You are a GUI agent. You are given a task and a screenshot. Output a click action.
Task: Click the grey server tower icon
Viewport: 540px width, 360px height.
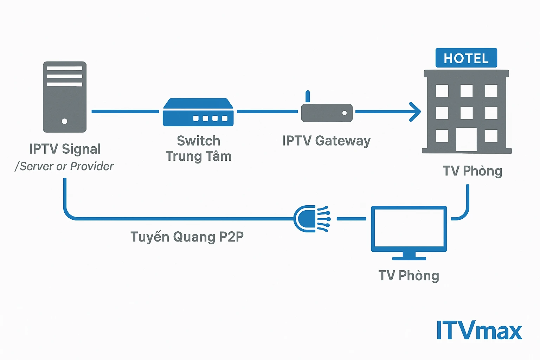pos(65,97)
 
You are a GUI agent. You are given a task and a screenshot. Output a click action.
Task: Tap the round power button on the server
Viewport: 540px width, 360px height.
pos(64,121)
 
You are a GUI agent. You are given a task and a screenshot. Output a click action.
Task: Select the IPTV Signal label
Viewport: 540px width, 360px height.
pos(65,149)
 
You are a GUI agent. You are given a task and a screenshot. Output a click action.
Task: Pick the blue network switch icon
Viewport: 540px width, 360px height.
pos(198,112)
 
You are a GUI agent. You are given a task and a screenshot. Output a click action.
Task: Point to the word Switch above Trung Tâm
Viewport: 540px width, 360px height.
pos(199,141)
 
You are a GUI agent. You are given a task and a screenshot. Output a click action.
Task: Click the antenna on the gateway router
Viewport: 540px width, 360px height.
pos(308,96)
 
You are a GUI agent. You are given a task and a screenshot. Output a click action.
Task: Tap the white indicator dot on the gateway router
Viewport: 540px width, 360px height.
pos(345,113)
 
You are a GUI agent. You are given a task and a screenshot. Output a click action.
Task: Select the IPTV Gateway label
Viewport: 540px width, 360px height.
pos(326,141)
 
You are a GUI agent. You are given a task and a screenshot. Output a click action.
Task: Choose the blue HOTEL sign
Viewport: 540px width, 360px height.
pos(466,58)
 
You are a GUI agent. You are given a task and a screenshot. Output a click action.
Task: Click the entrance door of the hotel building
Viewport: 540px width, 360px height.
pos(467,140)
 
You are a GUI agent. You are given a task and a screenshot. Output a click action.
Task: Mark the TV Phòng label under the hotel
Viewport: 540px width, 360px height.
pos(472,171)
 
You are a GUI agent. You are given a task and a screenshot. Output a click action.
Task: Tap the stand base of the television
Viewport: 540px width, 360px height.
pos(409,258)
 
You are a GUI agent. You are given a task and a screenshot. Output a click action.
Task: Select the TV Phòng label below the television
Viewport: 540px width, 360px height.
pos(409,276)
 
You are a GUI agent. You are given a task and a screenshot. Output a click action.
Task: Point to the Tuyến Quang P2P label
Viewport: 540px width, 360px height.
pos(187,237)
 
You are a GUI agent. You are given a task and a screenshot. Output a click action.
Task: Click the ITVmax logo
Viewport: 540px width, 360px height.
pos(479,330)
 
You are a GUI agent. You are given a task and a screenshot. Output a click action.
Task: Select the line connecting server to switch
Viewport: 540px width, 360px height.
pos(125,111)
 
